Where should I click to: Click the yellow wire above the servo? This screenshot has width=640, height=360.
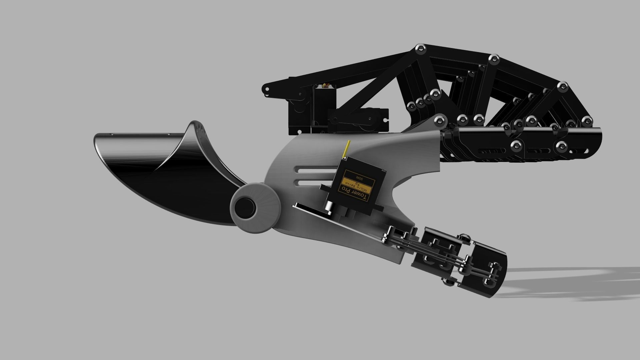(347, 148)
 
